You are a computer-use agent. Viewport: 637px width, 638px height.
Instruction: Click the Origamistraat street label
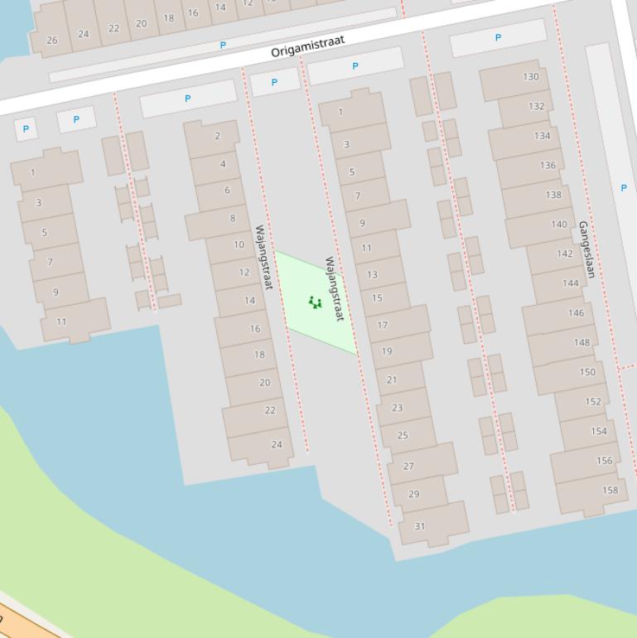(x=307, y=46)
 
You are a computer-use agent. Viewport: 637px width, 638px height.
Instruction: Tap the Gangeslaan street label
(x=587, y=249)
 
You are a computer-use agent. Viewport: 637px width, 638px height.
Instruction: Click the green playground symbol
(x=315, y=302)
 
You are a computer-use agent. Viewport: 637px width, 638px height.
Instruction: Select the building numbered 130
(x=530, y=77)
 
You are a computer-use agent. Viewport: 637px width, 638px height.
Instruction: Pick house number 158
(x=610, y=491)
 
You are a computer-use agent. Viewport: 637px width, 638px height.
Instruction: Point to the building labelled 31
(x=420, y=526)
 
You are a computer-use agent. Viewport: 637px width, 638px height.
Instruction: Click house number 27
(x=408, y=466)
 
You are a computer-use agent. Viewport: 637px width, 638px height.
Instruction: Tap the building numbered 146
(x=576, y=313)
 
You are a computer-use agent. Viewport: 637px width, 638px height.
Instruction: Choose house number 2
(x=217, y=137)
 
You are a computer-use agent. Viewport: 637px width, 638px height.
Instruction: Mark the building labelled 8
(x=233, y=219)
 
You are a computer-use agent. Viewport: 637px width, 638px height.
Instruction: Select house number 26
(x=52, y=40)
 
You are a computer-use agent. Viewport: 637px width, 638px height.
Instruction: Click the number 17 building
(x=383, y=325)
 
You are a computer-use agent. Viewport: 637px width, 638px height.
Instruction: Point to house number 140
(x=559, y=225)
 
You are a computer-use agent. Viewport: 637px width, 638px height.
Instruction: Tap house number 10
(x=239, y=245)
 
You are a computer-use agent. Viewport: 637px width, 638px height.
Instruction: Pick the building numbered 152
(x=593, y=402)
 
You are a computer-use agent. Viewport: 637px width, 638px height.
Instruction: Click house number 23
(x=397, y=408)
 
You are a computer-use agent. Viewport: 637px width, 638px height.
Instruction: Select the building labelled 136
(x=548, y=166)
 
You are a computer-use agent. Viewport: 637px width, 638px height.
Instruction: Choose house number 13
(x=372, y=274)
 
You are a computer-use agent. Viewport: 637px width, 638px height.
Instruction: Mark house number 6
(x=227, y=191)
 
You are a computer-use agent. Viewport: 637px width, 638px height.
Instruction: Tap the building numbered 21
(x=392, y=380)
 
